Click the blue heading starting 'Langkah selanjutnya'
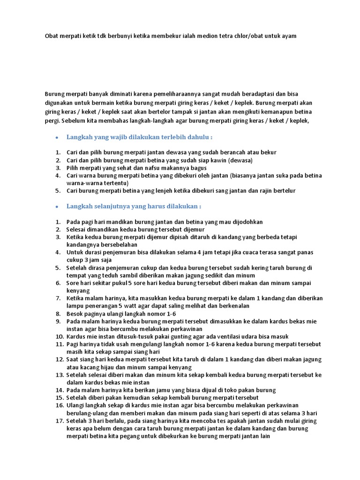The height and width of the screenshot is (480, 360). [134, 206]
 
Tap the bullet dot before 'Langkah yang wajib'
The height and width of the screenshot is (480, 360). [56, 138]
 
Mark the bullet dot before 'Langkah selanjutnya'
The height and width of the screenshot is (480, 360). [56, 207]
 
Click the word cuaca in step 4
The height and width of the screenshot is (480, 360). [241, 252]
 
